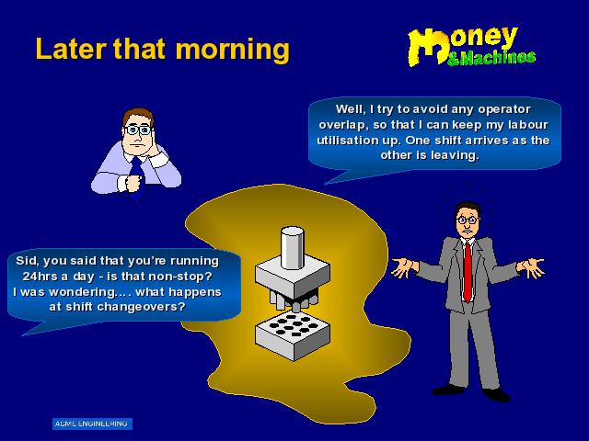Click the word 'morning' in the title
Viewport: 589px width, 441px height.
(233, 50)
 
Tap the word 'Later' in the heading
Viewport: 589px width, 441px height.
(71, 49)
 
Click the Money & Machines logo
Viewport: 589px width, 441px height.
(471, 47)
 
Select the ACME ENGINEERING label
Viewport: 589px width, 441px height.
(92, 424)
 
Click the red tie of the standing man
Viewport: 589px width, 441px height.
(468, 271)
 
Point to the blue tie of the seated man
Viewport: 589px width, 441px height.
(137, 180)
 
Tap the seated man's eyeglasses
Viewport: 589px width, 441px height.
(139, 130)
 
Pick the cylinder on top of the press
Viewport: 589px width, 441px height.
(293, 247)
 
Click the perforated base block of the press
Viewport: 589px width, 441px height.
(293, 335)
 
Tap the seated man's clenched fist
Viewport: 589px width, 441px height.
(133, 182)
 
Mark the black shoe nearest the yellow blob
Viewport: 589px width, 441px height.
(448, 390)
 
